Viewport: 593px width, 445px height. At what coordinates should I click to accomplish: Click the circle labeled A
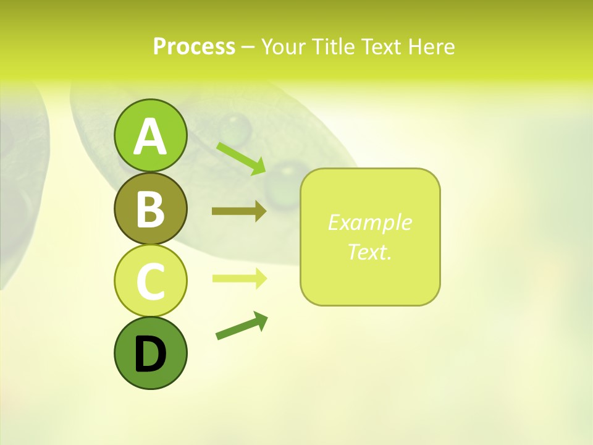tap(150, 135)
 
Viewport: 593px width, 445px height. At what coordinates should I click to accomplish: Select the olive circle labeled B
tap(150, 208)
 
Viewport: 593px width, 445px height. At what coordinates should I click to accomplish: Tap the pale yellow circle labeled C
tap(150, 281)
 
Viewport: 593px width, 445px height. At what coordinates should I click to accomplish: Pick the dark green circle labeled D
tap(150, 353)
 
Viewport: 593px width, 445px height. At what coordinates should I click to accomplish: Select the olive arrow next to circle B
tap(239, 211)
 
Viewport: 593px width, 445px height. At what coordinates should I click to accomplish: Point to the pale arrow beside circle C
tap(239, 278)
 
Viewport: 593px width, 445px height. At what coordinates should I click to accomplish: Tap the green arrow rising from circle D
tap(242, 326)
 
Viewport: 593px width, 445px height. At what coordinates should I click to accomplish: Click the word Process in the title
tap(194, 46)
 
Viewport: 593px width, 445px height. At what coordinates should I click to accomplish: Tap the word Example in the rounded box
tap(369, 222)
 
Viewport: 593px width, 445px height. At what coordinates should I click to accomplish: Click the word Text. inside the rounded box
tap(369, 252)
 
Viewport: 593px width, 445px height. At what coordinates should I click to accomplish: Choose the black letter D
tap(150, 354)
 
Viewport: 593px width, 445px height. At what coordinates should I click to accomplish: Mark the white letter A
tap(150, 137)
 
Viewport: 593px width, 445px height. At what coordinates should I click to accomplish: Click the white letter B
tap(150, 209)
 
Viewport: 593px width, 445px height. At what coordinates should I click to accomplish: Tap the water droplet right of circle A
tap(235, 128)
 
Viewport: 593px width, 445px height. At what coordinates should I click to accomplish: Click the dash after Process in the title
tap(248, 47)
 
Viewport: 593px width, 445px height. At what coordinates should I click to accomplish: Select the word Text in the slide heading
tap(380, 46)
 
